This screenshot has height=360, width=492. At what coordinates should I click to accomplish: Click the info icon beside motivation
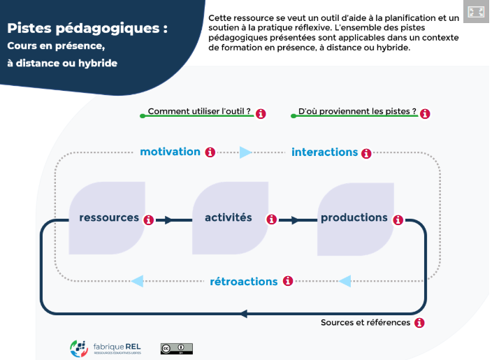(210, 152)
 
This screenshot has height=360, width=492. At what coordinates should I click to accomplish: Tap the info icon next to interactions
(367, 153)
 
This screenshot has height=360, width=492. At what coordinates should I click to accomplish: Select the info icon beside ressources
(149, 219)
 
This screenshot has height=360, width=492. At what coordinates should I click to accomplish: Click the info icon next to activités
(273, 219)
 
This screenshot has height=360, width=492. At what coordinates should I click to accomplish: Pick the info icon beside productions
(398, 219)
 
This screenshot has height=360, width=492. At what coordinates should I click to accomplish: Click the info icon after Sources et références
(420, 323)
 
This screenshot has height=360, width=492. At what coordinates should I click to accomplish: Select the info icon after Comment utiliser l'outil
(261, 113)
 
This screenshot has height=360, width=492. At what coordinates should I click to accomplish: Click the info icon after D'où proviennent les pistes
(425, 113)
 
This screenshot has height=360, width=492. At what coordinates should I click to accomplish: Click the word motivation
(170, 152)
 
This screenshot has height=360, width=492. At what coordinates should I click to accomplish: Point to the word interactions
(324, 152)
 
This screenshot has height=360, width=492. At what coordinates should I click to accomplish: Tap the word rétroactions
(244, 282)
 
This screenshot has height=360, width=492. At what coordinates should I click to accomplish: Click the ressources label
(109, 217)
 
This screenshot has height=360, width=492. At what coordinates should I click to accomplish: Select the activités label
(229, 217)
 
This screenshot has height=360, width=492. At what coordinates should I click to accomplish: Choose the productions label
(354, 217)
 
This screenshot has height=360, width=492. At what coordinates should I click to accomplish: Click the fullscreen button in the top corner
(477, 12)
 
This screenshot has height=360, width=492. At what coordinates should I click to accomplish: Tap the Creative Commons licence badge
(176, 348)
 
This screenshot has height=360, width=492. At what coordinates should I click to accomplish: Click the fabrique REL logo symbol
(78, 347)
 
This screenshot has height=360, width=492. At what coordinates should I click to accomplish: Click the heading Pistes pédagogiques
(87, 29)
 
